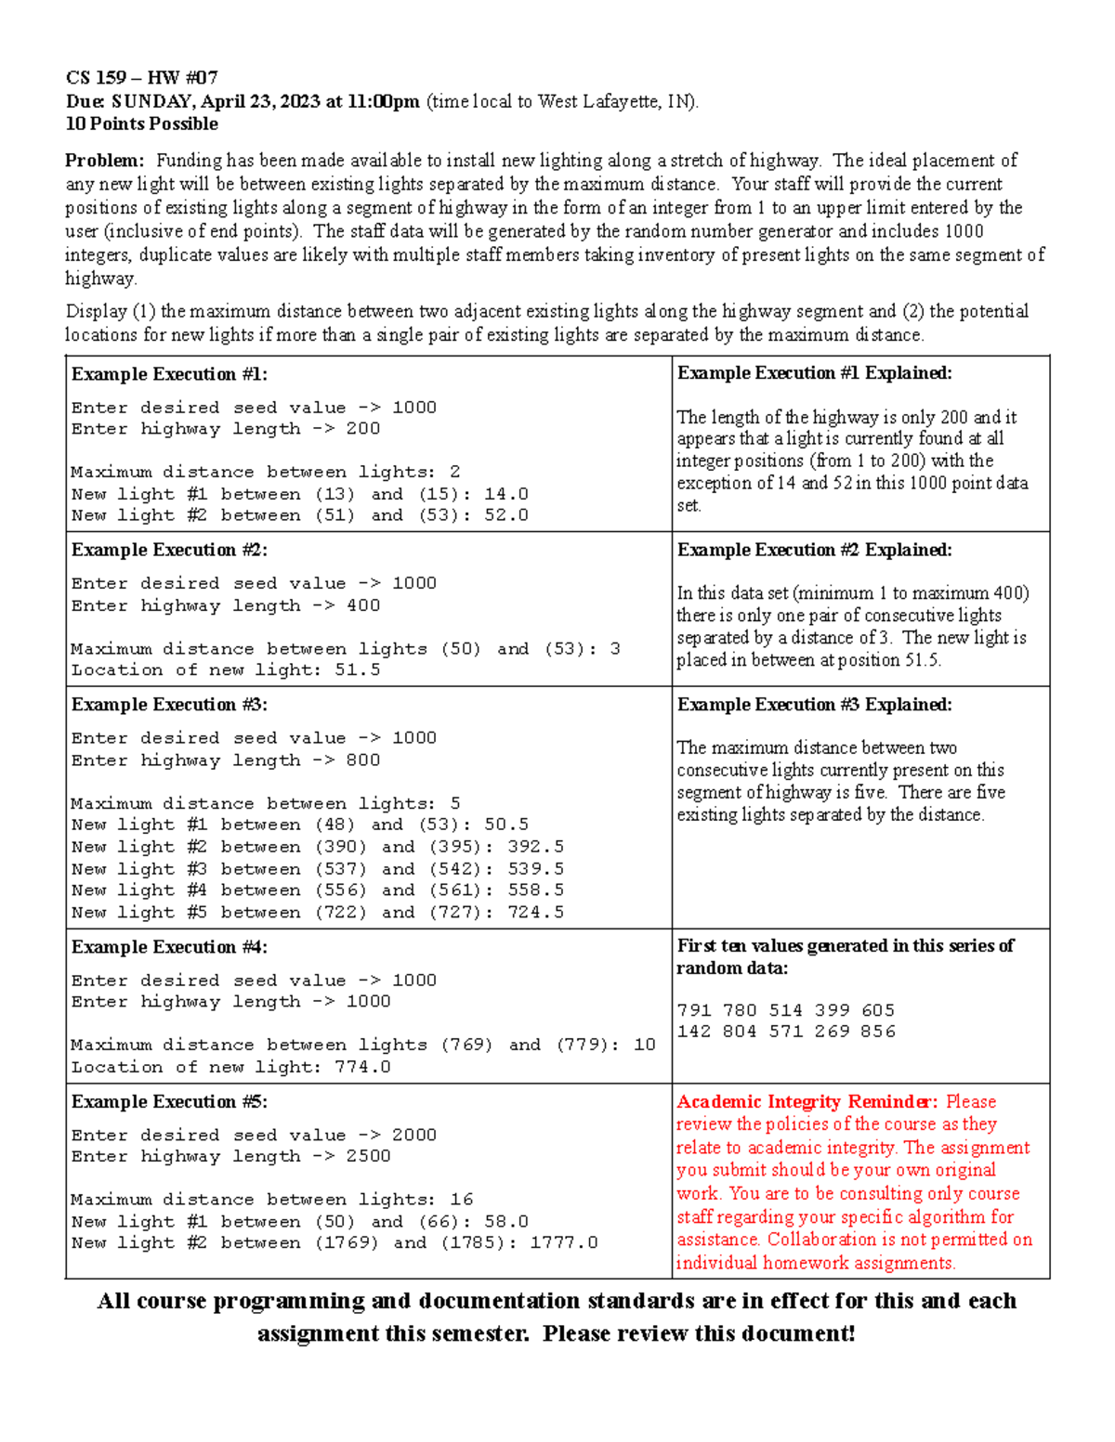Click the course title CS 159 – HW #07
(141, 77)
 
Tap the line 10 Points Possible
(141, 124)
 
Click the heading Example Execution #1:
(169, 374)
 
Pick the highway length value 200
(362, 429)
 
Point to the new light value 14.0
(506, 494)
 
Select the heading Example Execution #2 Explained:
(814, 550)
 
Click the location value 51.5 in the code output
(358, 669)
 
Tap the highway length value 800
(362, 760)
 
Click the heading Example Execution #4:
(169, 947)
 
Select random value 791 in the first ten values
(694, 1010)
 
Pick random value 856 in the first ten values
(877, 1032)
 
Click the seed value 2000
(413, 1135)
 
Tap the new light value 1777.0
(564, 1242)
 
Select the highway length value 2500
(368, 1156)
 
